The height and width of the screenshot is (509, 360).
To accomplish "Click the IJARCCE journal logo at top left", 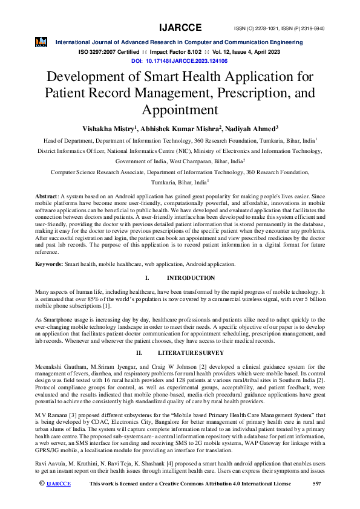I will pos(41,42).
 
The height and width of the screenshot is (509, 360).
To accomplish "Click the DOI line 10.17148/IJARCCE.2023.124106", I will pos(179,62).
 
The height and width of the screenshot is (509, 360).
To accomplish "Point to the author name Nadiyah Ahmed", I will pos(252,128).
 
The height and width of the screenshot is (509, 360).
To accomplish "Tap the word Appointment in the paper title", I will pos(179,110).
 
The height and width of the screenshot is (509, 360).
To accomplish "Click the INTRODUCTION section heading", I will pos(191,278).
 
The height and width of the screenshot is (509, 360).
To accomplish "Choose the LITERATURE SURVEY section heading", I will pos(191,352).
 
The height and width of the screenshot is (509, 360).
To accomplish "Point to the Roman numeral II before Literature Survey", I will pos(139,352).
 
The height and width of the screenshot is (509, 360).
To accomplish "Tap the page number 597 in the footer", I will pos(316,501).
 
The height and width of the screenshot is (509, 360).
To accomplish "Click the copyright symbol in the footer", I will pos(41,501).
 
